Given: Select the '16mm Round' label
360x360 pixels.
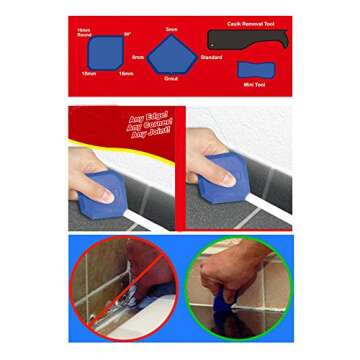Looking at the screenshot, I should [x=83, y=34].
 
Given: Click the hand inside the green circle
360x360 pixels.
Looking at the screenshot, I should [x=240, y=280].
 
